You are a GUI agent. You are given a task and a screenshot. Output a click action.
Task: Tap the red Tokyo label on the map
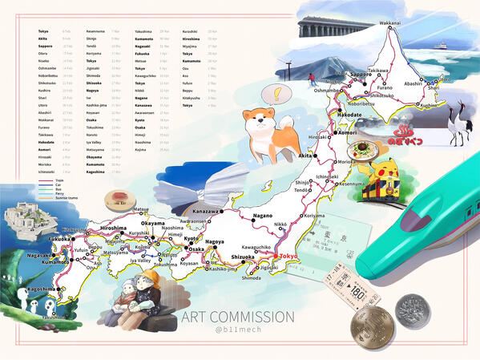tap(288, 256)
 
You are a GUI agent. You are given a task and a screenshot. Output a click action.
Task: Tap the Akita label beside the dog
tap(305, 156)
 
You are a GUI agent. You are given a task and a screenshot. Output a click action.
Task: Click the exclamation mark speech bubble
tap(276, 94)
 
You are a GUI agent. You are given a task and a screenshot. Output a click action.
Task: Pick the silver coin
tap(413, 310)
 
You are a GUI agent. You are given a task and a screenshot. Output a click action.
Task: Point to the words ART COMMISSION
tap(238, 318)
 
